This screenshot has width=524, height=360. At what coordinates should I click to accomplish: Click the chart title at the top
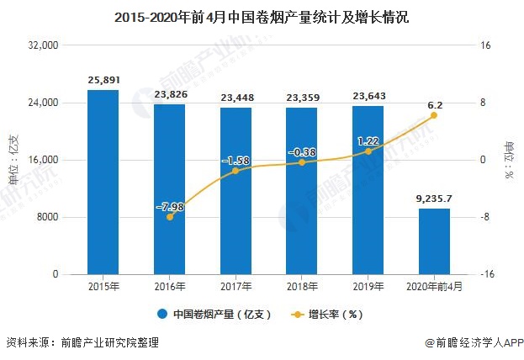(262, 17)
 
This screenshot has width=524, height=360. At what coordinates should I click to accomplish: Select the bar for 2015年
(103, 182)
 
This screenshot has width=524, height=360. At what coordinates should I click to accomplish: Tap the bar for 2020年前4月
(434, 241)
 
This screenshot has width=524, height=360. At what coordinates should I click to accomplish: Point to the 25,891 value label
(103, 81)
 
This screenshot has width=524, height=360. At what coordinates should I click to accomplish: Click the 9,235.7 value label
(434, 199)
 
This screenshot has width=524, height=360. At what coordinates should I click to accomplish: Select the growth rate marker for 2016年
(170, 217)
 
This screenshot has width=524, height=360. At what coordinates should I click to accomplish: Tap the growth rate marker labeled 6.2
(434, 115)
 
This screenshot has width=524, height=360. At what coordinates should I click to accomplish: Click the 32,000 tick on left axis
(40, 45)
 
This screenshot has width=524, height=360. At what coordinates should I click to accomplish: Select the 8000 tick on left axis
(45, 217)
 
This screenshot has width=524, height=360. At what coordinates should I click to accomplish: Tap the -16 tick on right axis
(486, 274)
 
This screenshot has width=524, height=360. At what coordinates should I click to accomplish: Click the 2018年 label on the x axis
(301, 287)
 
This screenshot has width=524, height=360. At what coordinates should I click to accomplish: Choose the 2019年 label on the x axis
(368, 287)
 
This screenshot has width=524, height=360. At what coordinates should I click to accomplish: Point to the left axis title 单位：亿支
(13, 160)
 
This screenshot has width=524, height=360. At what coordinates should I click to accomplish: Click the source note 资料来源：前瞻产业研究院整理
(82, 343)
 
